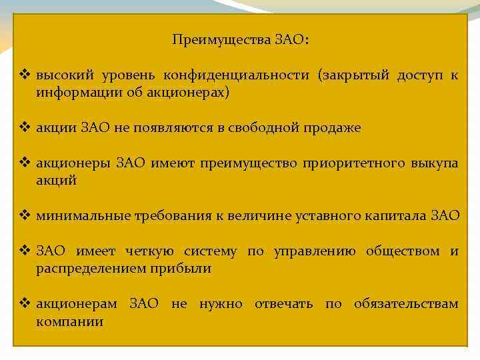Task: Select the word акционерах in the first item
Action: click(195, 93)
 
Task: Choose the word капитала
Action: click(400, 215)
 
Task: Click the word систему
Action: click(209, 251)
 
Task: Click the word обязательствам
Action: click(406, 304)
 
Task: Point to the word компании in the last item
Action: click(70, 321)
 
